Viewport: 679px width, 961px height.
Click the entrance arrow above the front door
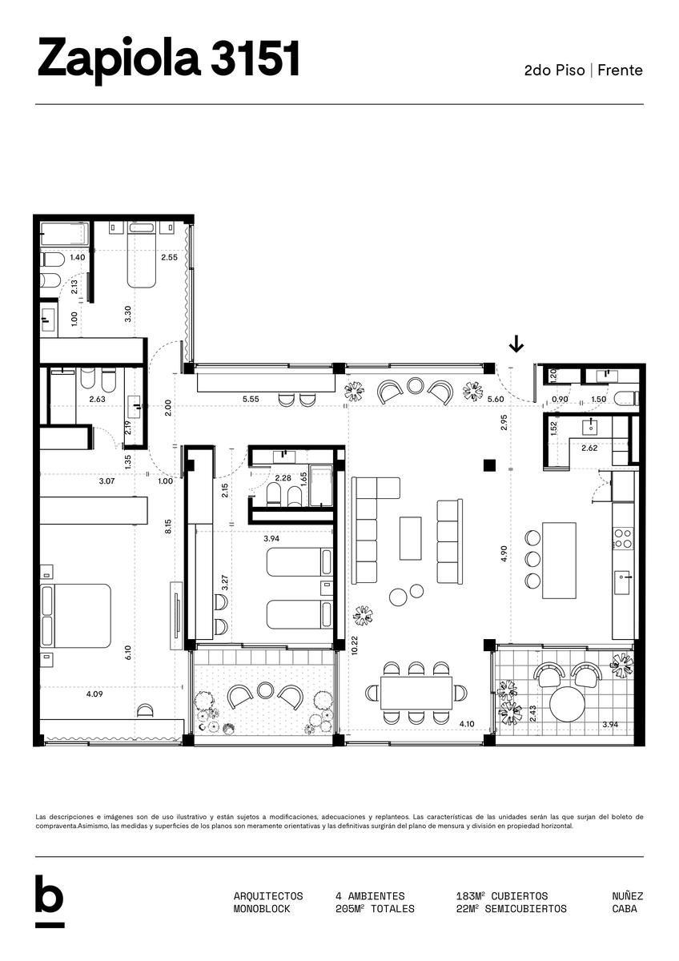click(x=516, y=344)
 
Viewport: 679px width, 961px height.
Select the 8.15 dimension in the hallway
click(x=168, y=526)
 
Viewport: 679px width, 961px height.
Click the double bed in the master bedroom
click(x=75, y=615)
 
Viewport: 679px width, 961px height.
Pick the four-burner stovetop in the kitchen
click(x=623, y=538)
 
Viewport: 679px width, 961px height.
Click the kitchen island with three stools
click(x=559, y=560)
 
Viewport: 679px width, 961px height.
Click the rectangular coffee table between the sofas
click(x=410, y=538)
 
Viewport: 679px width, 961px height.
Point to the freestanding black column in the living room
click(x=489, y=465)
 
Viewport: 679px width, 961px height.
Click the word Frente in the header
click(x=620, y=70)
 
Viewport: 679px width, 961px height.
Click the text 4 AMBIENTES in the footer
click(x=370, y=896)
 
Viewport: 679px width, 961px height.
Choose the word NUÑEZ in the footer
click(x=628, y=896)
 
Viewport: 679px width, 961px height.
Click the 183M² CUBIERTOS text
click(x=502, y=896)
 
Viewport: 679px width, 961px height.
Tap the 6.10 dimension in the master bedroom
click(x=128, y=653)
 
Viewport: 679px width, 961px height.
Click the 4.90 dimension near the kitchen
click(x=504, y=553)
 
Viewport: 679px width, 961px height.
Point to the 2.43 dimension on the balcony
click(x=532, y=713)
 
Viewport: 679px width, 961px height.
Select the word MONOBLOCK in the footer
click(x=262, y=909)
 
